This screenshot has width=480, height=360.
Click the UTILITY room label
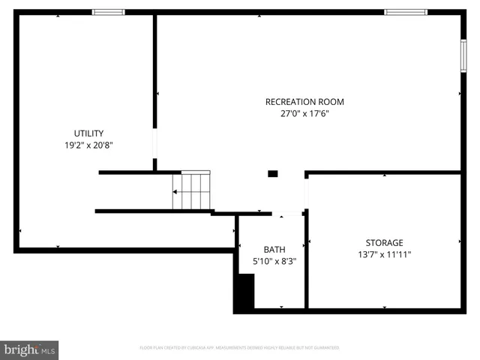(88, 133)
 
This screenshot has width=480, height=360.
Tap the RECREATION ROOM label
(304, 102)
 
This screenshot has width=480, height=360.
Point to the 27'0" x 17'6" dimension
(304, 114)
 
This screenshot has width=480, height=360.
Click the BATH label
(274, 249)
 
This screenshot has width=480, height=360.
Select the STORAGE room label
(384, 242)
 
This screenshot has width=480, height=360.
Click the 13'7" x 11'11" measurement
(384, 254)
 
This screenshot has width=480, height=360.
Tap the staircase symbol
(192, 191)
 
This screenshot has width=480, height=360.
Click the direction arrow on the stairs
(177, 192)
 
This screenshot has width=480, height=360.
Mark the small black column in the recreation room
(273, 174)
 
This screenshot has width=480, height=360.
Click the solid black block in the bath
(244, 292)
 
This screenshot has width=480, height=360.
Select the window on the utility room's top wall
(109, 12)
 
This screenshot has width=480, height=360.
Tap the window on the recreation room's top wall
(405, 12)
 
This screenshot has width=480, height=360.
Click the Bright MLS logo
(29, 349)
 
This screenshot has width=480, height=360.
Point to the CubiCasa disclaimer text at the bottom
(239, 348)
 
